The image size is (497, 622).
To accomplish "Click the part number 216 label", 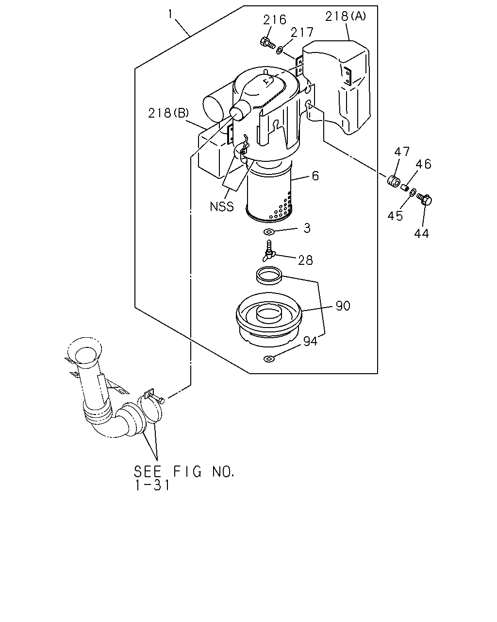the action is click(274, 20).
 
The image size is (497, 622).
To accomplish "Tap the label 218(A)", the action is click(346, 16).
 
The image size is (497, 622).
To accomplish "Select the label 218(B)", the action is click(168, 113).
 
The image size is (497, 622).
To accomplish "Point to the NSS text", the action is click(221, 207).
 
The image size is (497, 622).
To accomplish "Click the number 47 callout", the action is click(402, 152).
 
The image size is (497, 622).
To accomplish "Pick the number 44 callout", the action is click(422, 233).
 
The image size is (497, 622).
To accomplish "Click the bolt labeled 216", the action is click(267, 43).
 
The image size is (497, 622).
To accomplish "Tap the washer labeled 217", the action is click(279, 50).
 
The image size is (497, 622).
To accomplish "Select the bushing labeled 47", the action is click(393, 181).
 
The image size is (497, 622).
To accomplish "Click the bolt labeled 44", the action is click(425, 199).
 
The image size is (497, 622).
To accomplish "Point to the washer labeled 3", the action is click(269, 232).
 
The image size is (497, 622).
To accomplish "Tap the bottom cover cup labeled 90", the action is click(269, 319).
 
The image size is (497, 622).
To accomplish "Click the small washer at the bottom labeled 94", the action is click(269, 359).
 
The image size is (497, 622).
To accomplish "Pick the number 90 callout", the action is click(343, 306).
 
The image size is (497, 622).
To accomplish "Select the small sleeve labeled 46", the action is click(404, 188).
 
